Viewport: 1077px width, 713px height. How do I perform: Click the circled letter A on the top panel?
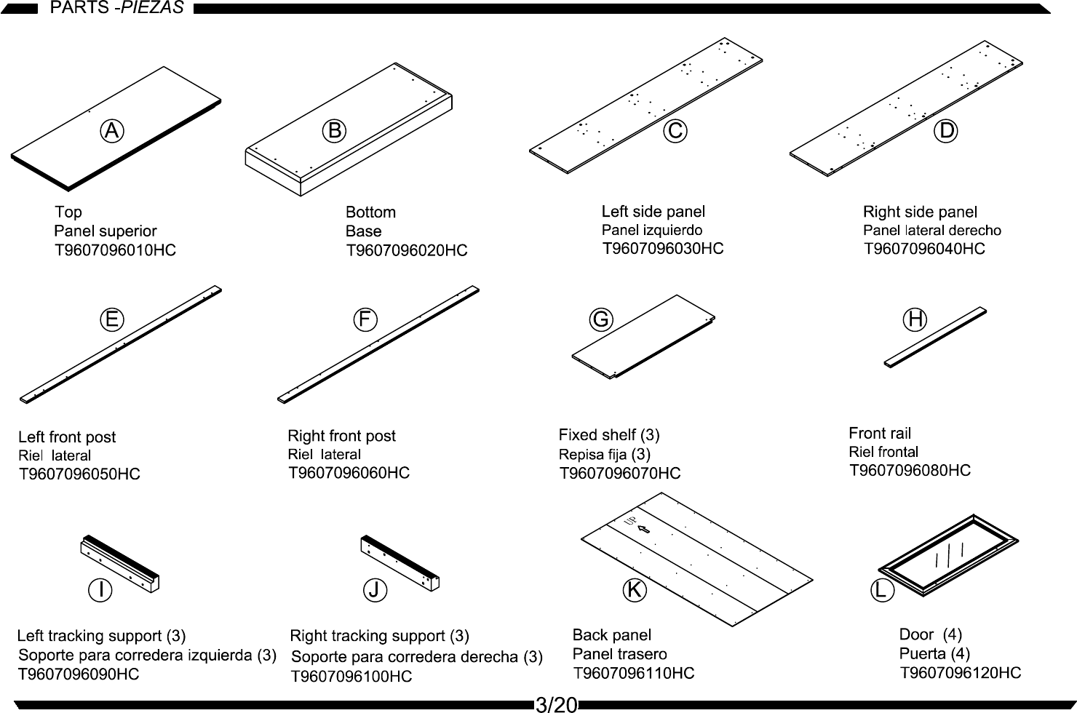click(111, 131)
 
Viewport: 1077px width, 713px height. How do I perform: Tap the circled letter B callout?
click(334, 131)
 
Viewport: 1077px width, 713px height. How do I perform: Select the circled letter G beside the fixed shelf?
click(601, 319)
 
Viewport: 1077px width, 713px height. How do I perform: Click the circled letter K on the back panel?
click(635, 590)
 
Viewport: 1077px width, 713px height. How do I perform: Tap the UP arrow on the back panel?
click(643, 530)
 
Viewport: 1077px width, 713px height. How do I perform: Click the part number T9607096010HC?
click(115, 250)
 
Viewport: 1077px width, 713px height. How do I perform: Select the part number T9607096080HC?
click(910, 471)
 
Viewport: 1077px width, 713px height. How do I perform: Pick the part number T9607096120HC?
click(961, 673)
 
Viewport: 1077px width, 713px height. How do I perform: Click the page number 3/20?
click(556, 704)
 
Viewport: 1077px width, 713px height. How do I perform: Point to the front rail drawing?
click(936, 337)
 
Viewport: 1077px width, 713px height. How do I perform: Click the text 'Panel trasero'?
click(619, 654)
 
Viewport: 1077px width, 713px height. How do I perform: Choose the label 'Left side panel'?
click(653, 212)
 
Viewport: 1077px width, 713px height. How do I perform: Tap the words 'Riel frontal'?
click(883, 452)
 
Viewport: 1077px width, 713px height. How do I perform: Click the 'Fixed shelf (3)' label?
click(609, 435)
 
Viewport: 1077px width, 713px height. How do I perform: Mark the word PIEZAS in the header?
click(152, 9)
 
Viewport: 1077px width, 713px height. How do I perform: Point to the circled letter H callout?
click(915, 319)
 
